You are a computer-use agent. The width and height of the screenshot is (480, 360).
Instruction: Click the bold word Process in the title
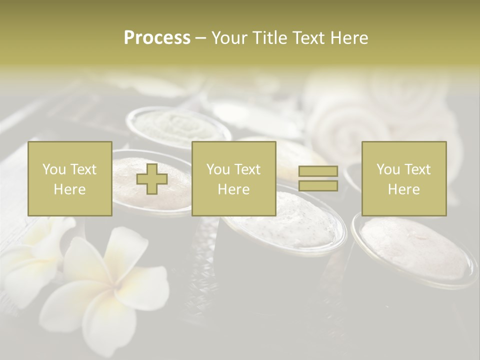157,38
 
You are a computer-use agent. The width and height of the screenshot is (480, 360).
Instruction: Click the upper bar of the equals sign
318,171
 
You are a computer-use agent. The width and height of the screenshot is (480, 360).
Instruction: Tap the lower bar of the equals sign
318,186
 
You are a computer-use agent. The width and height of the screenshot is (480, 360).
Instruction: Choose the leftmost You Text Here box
70,179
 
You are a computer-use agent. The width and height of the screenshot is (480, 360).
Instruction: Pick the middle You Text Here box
233,179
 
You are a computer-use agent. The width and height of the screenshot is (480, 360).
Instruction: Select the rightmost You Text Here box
404,179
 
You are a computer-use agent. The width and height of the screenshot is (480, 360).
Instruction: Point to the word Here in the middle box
233,189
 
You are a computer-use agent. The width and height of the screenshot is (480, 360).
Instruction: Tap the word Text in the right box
417,169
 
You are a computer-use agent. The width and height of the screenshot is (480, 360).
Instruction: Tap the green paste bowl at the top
177,125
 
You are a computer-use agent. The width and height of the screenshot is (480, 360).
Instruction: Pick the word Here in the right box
404,189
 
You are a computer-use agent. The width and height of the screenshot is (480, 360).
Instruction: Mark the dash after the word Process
200,38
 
